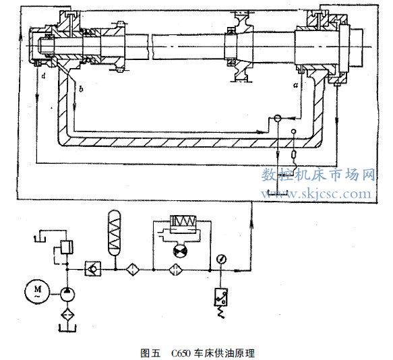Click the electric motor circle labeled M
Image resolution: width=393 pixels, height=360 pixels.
tap(37, 291)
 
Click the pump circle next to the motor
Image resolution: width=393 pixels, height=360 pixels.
tap(67, 295)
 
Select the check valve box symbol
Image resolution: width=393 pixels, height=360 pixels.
tap(93, 269)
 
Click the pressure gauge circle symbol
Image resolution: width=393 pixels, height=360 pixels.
tap(221, 259)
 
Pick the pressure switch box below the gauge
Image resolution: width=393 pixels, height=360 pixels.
tap(221, 297)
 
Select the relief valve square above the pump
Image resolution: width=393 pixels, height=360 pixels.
tap(67, 247)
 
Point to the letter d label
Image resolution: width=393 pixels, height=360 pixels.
tap(44, 76)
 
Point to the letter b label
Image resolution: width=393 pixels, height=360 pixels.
tap(81, 89)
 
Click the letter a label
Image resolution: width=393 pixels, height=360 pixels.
tap(296, 85)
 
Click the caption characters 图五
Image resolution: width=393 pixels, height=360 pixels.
tap(150, 353)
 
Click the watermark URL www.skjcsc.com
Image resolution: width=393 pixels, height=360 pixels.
tap(315, 193)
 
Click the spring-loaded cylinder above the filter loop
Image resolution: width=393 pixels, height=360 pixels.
tap(183, 224)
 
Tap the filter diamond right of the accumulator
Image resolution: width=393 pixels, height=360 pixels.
tap(132, 270)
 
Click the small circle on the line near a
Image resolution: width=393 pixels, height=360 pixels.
tap(278, 118)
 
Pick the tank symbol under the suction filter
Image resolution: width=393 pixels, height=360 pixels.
tap(67, 328)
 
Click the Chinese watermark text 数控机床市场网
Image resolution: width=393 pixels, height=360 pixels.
tap(318, 175)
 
